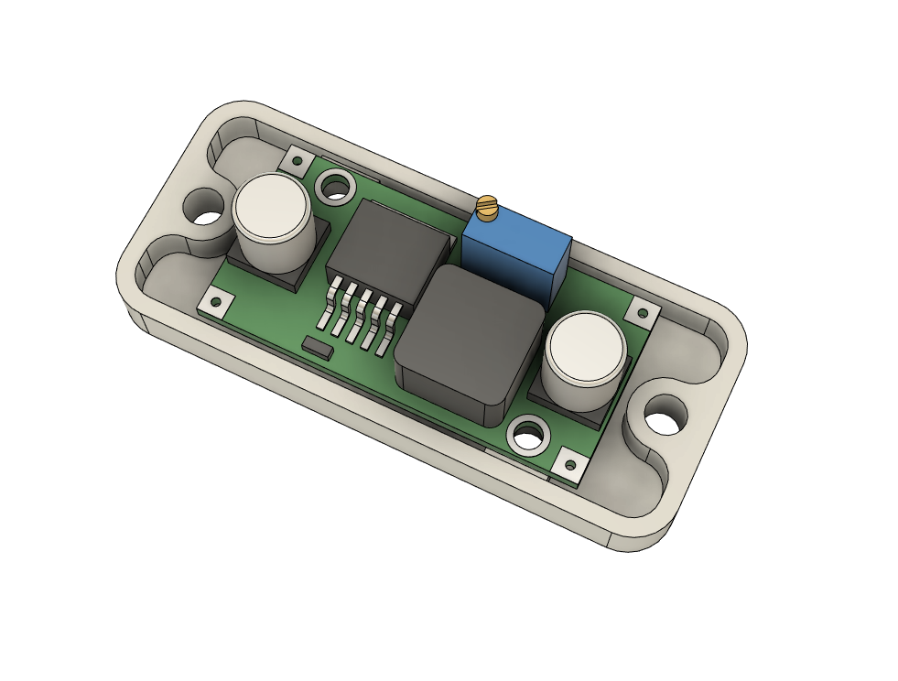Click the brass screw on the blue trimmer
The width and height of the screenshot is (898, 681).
point(487,208)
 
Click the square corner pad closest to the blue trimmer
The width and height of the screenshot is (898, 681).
point(644,313)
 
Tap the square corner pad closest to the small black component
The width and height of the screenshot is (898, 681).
point(216,301)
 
